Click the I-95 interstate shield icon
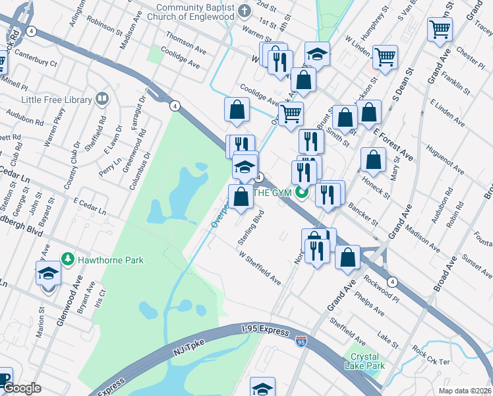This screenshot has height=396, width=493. (301, 341)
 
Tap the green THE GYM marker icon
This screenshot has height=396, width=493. (302, 193)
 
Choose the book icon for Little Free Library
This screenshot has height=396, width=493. (101, 100)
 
